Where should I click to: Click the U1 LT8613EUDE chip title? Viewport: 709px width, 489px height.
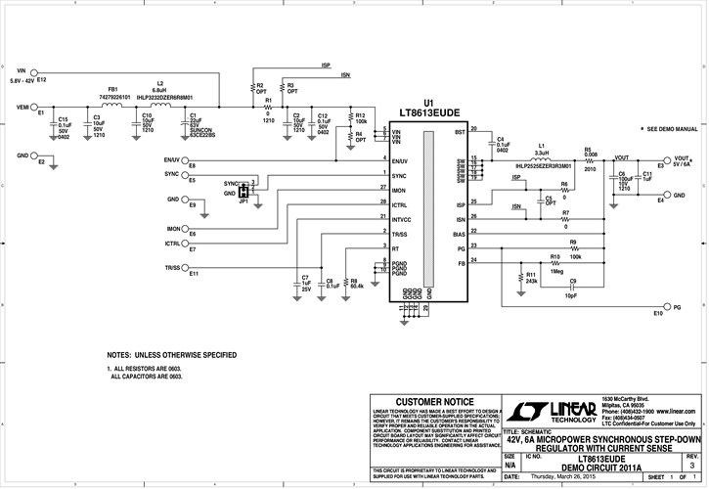click(x=428, y=109)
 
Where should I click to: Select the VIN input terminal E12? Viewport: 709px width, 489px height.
click(x=34, y=71)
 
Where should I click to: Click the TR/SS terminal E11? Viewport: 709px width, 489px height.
click(x=189, y=267)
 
